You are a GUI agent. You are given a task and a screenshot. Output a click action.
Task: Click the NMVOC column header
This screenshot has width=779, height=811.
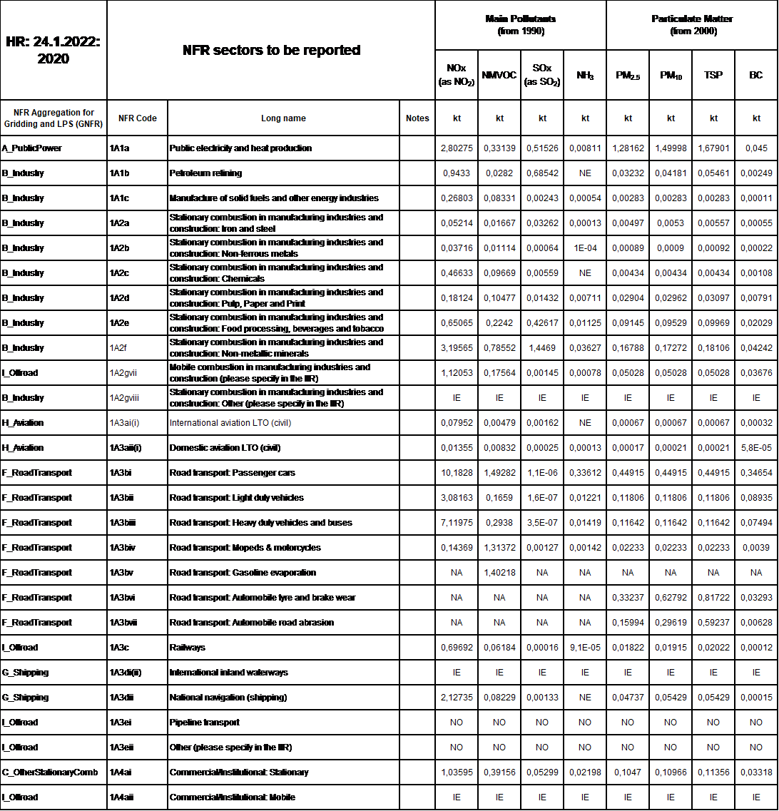point(499,75)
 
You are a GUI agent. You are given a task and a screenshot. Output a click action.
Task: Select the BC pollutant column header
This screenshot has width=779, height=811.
point(756,75)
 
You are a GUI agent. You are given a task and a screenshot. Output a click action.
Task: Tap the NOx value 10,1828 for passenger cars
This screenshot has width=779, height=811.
point(457,473)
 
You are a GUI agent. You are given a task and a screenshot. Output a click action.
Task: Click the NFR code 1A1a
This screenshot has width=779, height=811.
point(120,148)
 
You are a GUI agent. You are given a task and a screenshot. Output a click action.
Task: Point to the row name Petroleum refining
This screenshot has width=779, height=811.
point(205,173)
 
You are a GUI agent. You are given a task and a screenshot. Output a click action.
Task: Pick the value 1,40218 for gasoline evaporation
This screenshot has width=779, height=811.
point(499,573)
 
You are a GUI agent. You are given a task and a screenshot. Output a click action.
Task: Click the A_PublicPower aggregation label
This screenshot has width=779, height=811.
point(32,148)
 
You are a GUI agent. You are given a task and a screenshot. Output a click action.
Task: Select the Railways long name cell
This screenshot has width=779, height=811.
point(187,648)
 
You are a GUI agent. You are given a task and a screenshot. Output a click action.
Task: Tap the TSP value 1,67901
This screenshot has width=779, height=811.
point(713,148)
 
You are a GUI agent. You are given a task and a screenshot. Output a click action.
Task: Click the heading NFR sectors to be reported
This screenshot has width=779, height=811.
point(271,51)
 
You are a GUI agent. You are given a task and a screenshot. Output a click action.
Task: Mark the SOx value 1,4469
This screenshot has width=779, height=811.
point(542,348)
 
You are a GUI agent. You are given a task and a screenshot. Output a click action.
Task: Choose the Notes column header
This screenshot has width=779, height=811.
point(417,118)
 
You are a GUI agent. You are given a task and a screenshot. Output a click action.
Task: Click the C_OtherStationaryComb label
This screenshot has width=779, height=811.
point(50,772)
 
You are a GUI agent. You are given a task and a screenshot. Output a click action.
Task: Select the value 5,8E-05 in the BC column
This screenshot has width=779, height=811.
point(756,448)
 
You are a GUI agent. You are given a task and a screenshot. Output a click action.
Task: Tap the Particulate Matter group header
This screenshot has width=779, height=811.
point(692,25)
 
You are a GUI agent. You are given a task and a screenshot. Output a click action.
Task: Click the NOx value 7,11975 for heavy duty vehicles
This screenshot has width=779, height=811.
point(457,523)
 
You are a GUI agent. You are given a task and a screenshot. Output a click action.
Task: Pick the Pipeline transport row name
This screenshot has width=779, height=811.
point(204,723)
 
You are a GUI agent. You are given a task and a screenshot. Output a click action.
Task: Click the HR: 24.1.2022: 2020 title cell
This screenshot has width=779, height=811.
point(54,51)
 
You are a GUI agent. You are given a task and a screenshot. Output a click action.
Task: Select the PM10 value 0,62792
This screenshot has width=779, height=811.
point(671,598)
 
